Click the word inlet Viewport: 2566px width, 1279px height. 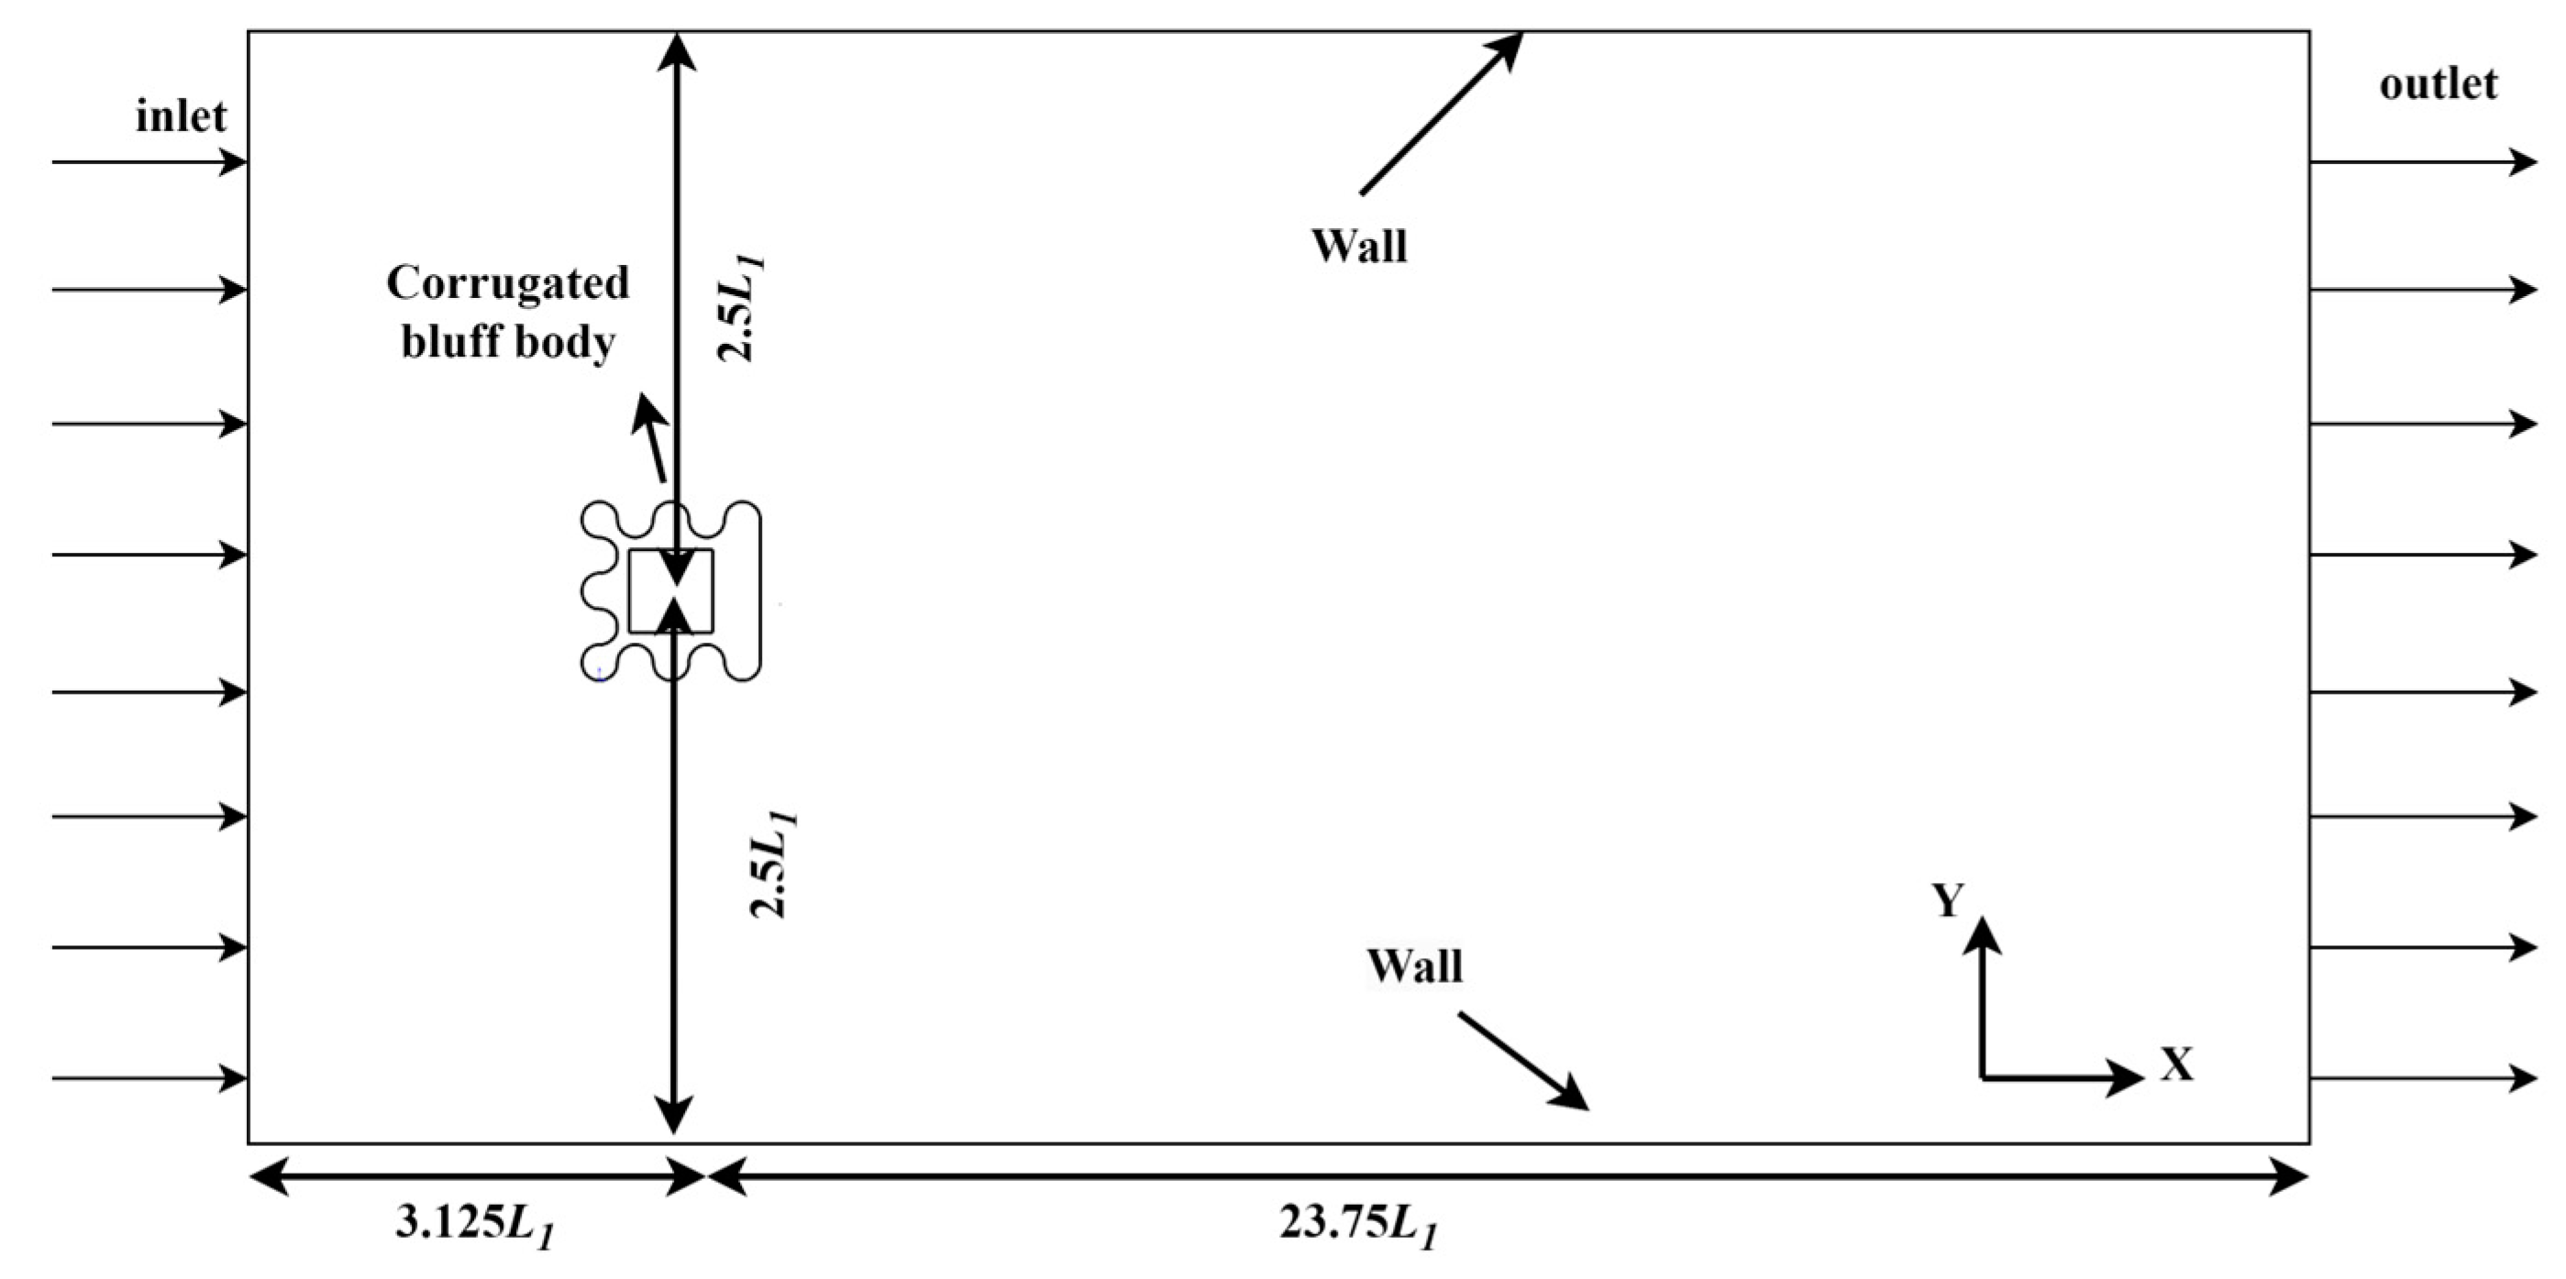pos(182,116)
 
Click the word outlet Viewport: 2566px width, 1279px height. pos(2438,84)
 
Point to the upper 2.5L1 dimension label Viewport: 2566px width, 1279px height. pos(742,309)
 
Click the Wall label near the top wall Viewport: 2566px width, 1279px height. pos(1359,246)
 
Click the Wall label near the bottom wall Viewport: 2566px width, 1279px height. pos(1414,966)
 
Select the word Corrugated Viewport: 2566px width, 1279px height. pos(508,283)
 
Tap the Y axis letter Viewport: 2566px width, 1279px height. pos(1949,900)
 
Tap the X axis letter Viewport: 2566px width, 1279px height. pos(2177,1065)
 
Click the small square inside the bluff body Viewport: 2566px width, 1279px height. pos(670,590)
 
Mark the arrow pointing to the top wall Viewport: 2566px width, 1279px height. pos(1441,113)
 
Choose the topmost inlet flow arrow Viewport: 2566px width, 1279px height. pos(149,161)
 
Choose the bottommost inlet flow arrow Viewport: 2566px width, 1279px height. pos(149,1078)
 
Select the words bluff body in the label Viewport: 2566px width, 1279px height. pos(508,343)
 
